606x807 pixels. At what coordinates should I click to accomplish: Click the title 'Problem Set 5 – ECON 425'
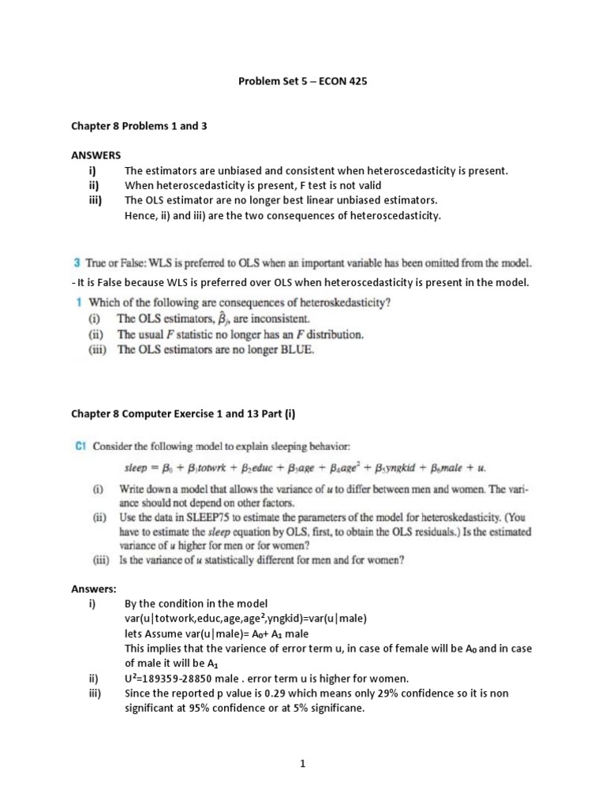[302, 81]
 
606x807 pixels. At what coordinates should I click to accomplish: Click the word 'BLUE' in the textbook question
[296, 351]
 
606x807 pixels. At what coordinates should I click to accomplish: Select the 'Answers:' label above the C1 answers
[94, 589]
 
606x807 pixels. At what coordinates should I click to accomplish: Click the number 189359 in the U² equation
[163, 678]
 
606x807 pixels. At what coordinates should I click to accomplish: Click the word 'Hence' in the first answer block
[140, 215]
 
